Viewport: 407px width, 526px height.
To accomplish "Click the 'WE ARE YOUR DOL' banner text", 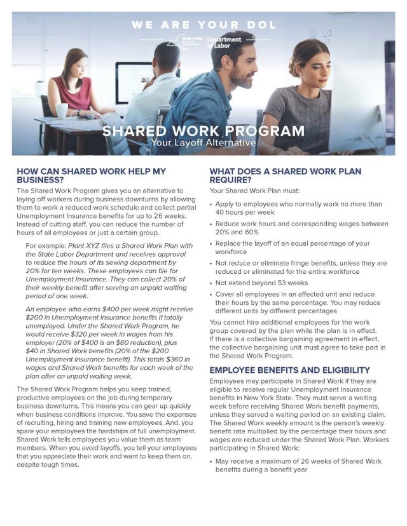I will [x=203, y=25].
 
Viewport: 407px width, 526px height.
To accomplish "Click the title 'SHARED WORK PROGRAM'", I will [x=203, y=131].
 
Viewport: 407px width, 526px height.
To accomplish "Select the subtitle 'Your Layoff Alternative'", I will [x=203, y=144].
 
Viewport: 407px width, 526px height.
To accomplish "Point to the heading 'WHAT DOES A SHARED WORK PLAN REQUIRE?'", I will [x=286, y=176].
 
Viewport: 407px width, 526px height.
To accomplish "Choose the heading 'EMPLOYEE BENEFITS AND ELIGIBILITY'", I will [x=298, y=370].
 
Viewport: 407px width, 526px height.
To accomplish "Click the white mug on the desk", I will [x=62, y=111].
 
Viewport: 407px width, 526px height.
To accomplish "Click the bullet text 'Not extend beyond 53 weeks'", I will [x=261, y=283].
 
